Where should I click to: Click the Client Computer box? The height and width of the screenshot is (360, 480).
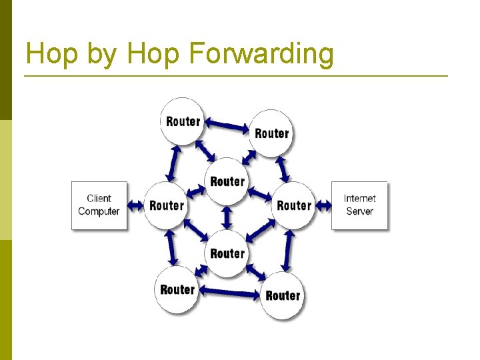click(99, 205)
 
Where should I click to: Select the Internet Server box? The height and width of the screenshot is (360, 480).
click(359, 205)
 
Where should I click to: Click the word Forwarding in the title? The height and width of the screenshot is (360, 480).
click(261, 54)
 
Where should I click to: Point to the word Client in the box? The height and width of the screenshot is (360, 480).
click(99, 198)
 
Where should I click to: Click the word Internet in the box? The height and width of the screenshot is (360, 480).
click(359, 198)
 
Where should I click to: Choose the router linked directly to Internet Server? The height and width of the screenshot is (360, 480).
click(293, 205)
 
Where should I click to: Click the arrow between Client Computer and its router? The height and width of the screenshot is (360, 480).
click(135, 205)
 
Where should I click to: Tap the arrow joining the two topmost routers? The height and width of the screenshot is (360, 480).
click(227, 125)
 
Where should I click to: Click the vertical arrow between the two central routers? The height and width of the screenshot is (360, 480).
click(227, 217)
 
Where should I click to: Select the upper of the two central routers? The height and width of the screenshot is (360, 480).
click(227, 181)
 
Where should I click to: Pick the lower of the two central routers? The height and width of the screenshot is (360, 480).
click(227, 253)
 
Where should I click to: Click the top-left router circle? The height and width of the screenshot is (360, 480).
click(182, 121)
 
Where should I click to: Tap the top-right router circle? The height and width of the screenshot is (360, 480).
click(271, 133)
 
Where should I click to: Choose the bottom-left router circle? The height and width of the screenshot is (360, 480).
click(177, 289)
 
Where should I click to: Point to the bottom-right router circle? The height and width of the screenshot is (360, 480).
click(283, 295)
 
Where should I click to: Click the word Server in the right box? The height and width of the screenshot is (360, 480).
click(359, 211)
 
